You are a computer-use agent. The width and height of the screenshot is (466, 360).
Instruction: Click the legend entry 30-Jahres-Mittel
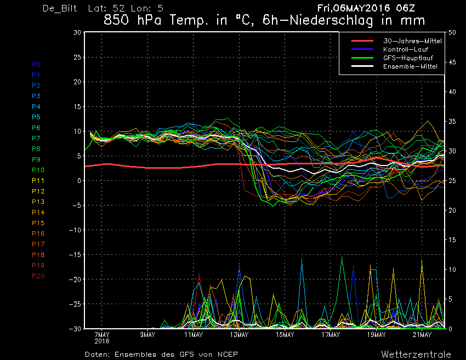point(412,41)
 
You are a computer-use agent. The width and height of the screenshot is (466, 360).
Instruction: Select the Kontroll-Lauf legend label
point(406,49)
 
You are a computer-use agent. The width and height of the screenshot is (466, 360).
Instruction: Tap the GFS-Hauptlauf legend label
point(408,58)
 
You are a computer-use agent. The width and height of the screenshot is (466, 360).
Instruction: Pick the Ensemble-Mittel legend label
point(410,66)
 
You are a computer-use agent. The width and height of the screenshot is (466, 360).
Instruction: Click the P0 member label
point(36,64)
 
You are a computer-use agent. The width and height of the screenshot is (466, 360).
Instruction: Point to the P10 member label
point(38,170)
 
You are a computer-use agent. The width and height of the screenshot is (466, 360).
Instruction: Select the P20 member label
point(38,276)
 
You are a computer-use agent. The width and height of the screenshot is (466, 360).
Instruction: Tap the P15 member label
point(38,223)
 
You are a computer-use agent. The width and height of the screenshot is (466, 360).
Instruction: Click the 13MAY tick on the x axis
point(239,335)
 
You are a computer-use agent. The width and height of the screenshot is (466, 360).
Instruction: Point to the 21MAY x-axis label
point(422,335)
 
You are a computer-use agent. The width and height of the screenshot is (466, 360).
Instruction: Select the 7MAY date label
point(102,335)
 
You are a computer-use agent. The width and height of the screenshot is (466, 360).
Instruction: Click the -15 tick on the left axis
point(75,255)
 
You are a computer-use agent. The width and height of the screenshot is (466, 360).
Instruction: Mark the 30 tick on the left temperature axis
point(77,32)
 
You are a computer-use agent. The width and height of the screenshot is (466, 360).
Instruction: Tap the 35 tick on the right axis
point(452,122)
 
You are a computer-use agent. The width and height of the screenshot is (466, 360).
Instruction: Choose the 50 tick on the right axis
point(452,32)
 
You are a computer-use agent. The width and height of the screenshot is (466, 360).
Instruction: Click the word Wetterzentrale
point(416,355)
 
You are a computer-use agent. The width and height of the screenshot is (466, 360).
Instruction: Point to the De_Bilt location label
point(60,8)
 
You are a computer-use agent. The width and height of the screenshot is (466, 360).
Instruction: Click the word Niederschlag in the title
point(331,20)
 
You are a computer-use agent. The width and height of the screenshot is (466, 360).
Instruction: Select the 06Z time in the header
point(405,8)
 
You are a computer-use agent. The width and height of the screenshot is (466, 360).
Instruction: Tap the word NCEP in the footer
point(228,355)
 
